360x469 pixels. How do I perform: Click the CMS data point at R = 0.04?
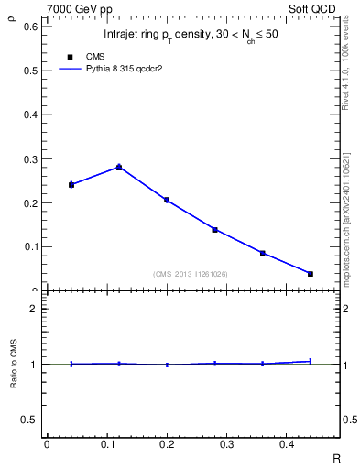[x=71, y=185]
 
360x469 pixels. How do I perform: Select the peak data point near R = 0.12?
[x=119, y=167]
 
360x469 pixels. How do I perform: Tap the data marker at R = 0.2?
[x=167, y=200]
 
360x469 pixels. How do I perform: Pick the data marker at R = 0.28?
[x=214, y=230]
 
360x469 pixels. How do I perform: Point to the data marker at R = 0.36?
[x=263, y=253]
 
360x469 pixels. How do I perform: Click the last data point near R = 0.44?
[x=311, y=274]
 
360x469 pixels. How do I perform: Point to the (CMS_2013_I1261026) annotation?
[x=191, y=274]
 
